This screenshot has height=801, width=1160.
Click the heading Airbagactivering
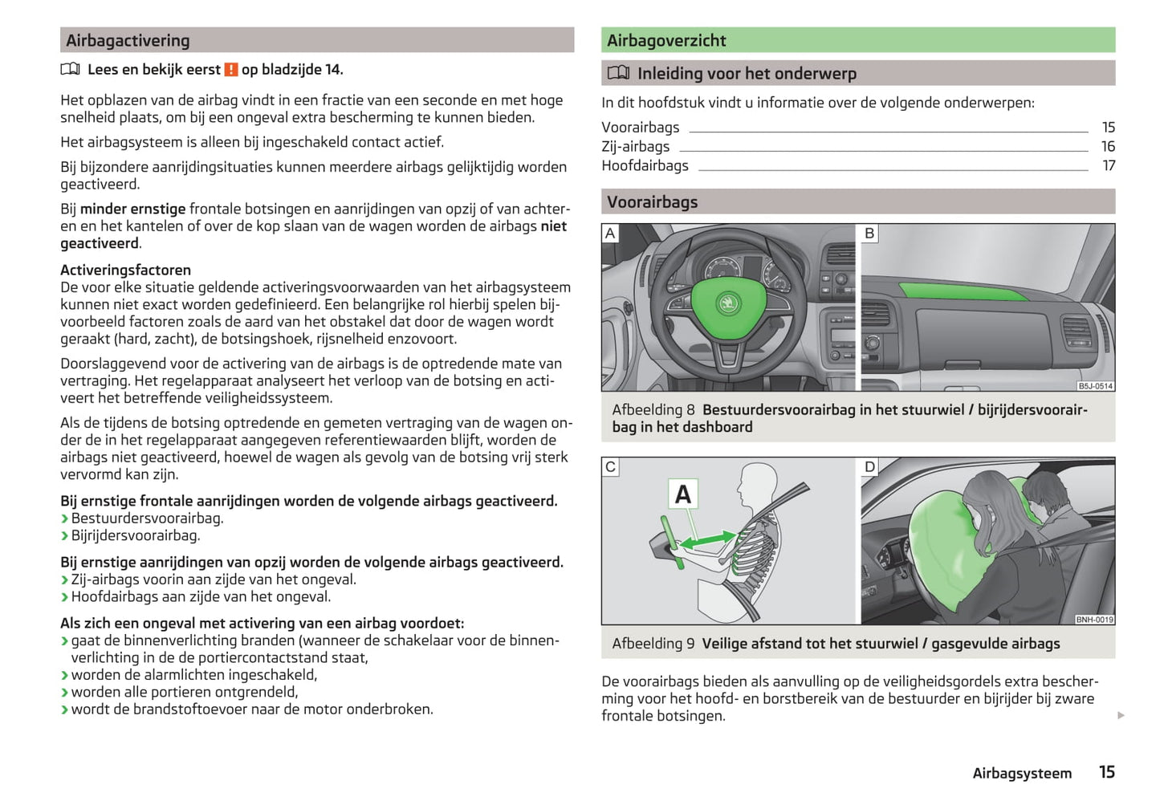(x=128, y=40)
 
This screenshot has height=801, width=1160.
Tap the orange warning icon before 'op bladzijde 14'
(x=231, y=70)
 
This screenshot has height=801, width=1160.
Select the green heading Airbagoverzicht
(x=666, y=40)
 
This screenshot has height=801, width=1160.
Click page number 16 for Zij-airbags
(x=1108, y=146)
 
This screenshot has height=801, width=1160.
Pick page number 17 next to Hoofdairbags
(x=1109, y=165)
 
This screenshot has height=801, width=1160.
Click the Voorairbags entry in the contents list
(x=640, y=127)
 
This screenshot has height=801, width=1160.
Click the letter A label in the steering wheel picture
(x=610, y=234)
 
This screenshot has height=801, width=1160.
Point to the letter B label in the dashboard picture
(x=869, y=234)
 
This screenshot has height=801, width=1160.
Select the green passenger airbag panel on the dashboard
(x=963, y=289)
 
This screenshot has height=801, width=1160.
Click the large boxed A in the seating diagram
(x=683, y=494)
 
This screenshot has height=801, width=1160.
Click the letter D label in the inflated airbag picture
(x=869, y=467)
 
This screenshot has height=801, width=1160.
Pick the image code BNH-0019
(x=1094, y=619)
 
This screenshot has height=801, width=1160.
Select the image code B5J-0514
(x=1095, y=386)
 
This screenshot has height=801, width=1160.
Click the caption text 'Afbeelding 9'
(x=653, y=644)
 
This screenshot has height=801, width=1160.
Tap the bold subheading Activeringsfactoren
(x=125, y=270)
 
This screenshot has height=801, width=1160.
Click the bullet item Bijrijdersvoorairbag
(x=135, y=535)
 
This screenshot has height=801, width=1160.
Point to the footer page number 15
(x=1106, y=772)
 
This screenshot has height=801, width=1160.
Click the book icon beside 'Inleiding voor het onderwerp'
(x=618, y=73)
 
